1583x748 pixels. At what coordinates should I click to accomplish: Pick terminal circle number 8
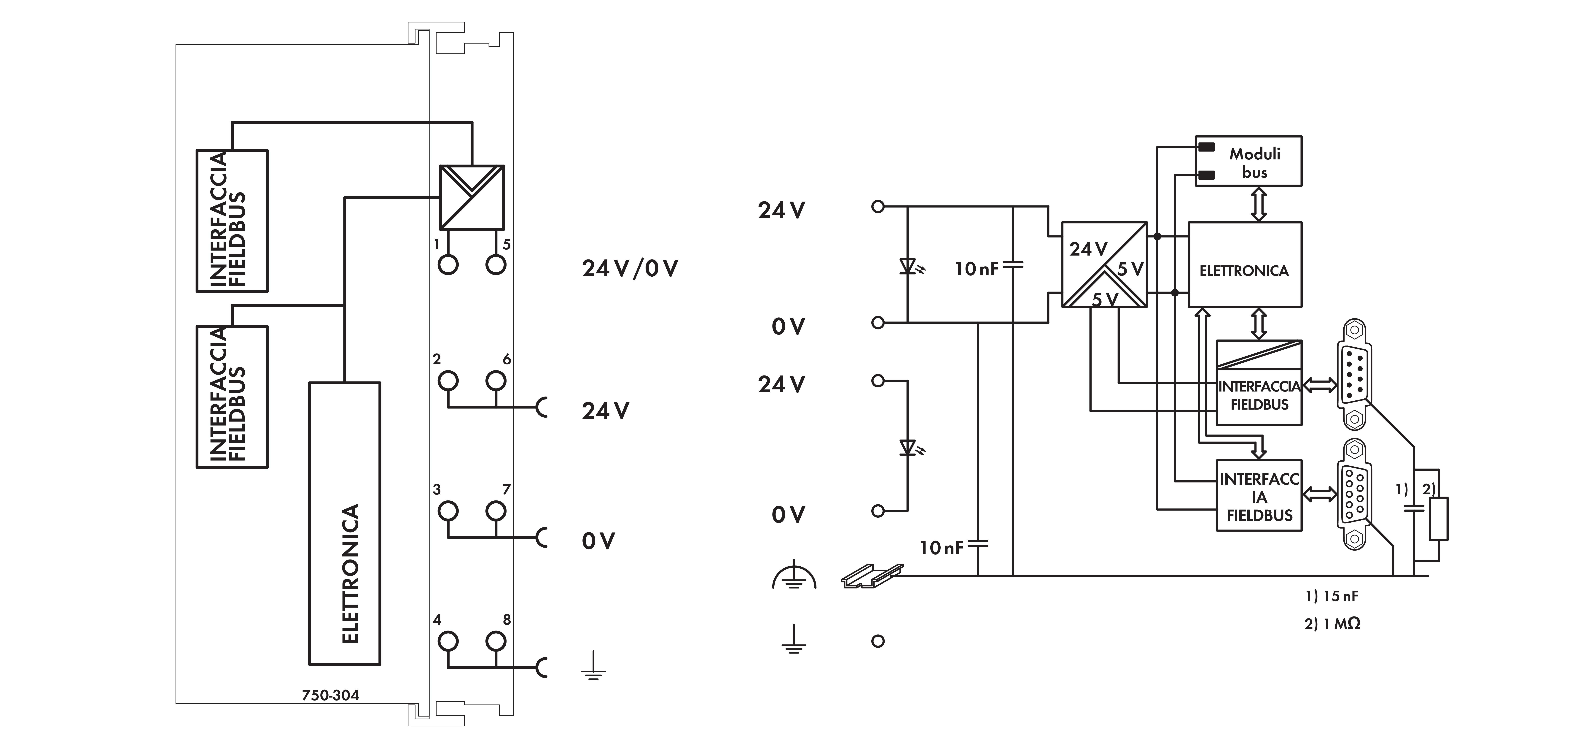click(x=496, y=641)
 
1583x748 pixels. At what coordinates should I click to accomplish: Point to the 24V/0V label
click(x=630, y=269)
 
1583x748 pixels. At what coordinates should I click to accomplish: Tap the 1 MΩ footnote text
click(x=1332, y=624)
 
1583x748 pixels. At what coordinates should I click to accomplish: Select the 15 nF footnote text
click(x=1332, y=596)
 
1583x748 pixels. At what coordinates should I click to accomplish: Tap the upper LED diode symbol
click(x=908, y=267)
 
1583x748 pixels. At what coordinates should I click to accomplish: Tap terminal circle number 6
click(x=496, y=381)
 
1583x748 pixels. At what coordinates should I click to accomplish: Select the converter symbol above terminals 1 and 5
click(x=471, y=197)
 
